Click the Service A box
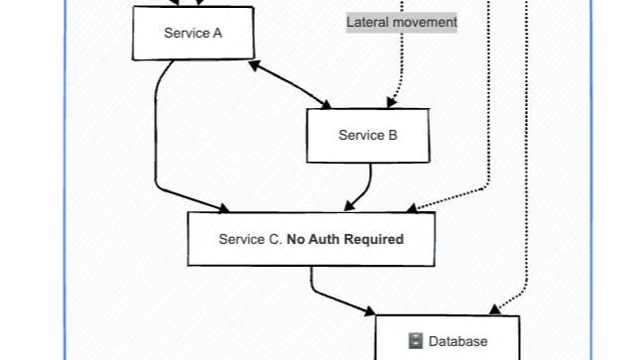[x=193, y=33]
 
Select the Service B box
[x=367, y=135]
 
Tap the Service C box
[x=311, y=239]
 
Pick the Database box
[x=447, y=339]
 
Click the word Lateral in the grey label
[x=367, y=21]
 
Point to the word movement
[x=424, y=21]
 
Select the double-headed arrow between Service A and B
[x=290, y=84]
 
